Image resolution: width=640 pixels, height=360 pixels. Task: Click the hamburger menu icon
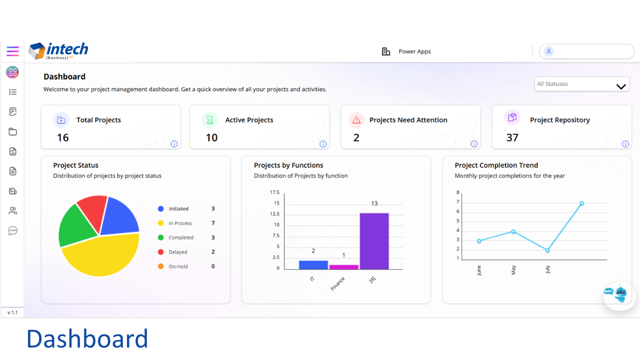12,51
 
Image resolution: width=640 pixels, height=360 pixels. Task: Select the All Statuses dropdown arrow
621,86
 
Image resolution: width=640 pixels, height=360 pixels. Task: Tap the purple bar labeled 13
374,241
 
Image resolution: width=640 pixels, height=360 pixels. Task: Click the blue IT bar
313,265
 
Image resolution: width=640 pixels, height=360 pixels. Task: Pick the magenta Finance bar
343,267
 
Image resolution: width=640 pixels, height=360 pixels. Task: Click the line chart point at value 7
581,203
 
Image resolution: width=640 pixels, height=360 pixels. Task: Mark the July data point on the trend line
547,250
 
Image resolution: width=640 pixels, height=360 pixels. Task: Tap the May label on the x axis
513,270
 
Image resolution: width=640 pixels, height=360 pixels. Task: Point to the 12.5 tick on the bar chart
274,214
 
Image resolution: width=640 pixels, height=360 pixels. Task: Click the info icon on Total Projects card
174,144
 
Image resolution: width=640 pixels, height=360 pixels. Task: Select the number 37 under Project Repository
512,137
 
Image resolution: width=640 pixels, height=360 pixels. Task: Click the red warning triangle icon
356,120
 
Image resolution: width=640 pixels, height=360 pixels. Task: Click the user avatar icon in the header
548,51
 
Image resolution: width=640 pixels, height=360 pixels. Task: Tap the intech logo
58,51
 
